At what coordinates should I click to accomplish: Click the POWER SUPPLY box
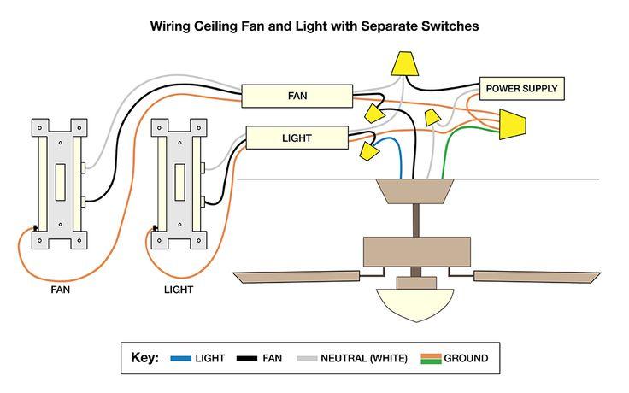pyautogui.click(x=522, y=89)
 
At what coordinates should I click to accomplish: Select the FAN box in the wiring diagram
pyautogui.click(x=297, y=96)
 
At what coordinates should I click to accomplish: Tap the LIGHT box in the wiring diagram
pyautogui.click(x=297, y=138)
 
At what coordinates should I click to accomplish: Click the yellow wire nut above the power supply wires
pyautogui.click(x=405, y=63)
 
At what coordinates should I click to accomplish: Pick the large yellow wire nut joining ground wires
pyautogui.click(x=512, y=124)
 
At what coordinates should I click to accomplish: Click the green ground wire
pyautogui.click(x=457, y=138)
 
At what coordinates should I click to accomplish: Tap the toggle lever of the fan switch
pyautogui.click(x=60, y=182)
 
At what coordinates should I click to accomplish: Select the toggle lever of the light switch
pyautogui.click(x=179, y=182)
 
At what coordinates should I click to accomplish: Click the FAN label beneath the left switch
pyautogui.click(x=60, y=290)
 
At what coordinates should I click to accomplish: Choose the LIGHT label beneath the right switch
pyautogui.click(x=179, y=290)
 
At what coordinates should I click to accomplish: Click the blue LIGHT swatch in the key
pyautogui.click(x=181, y=359)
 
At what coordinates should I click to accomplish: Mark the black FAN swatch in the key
pyautogui.click(x=247, y=359)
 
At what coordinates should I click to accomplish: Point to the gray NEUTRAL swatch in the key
pyautogui.click(x=307, y=359)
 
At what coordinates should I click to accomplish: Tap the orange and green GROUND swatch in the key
pyautogui.click(x=432, y=359)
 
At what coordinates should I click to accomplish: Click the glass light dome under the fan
pyautogui.click(x=415, y=305)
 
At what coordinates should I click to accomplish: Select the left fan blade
pyautogui.click(x=296, y=277)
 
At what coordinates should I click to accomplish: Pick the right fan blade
pyautogui.click(x=538, y=277)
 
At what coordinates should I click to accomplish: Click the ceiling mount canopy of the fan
pyautogui.click(x=415, y=191)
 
